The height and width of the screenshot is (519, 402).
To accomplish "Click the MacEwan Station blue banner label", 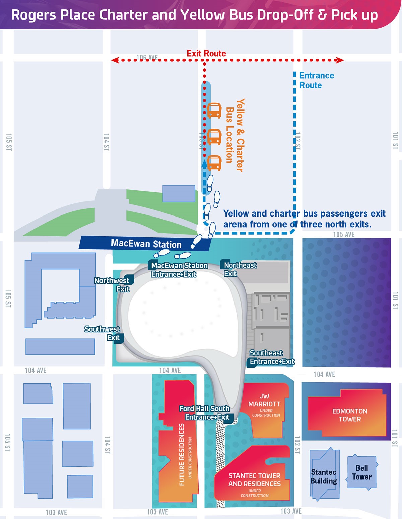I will coord(146,243).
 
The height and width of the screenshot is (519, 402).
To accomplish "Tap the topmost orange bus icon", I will coord(214,111).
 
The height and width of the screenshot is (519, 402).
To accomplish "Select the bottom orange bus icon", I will coord(214,163).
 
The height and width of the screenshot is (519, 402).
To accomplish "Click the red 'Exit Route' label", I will coord(206,53).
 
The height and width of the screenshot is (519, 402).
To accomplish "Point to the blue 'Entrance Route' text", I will coord(316,80).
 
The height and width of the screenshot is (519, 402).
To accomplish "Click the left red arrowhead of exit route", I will coord(115,60).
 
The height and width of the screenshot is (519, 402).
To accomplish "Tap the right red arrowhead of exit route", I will coord(340,60).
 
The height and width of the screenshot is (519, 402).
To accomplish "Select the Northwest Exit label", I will coord(112,285).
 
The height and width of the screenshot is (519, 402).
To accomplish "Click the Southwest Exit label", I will coord(103,333).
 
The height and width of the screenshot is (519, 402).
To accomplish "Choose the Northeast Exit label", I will coord(240,269).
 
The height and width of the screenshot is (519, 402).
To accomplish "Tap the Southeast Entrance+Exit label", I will coord(272,357).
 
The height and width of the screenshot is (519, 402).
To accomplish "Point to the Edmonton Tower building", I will coord(349,415).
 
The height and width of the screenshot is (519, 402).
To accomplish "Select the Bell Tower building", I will coord(361,472).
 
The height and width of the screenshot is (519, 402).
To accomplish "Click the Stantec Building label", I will coord(323,477).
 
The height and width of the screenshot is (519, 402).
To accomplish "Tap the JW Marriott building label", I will coord(265,404).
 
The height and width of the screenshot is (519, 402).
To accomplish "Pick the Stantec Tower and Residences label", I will coord(255,480).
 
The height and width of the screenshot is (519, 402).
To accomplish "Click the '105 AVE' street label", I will coord(343,234).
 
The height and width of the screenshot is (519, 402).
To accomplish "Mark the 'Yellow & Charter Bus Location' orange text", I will coord(234,135).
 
